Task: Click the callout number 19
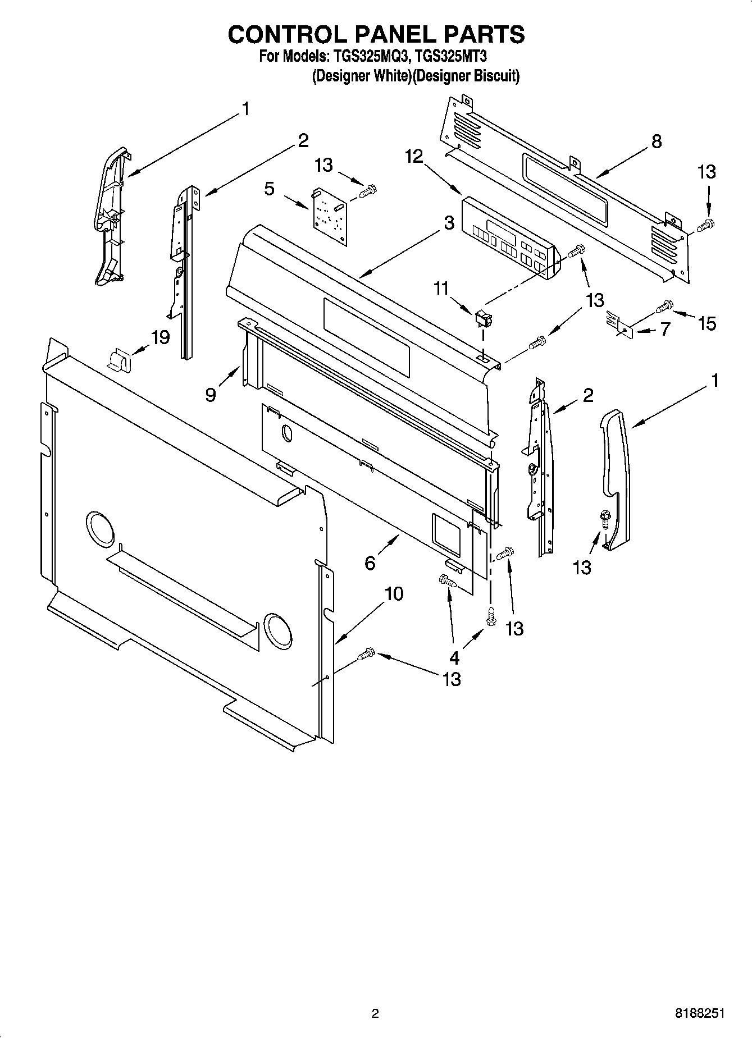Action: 160,337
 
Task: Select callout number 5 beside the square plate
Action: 270,189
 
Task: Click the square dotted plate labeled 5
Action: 329,216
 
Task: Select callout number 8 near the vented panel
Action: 656,141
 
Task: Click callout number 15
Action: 707,323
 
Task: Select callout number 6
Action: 370,562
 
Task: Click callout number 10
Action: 394,593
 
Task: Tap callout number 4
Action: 454,657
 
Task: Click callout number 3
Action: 449,223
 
